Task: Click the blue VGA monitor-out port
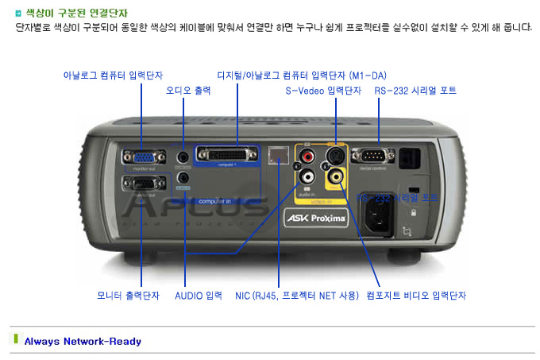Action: [x=138, y=157]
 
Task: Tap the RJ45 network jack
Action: [x=278, y=155]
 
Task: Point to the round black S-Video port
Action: [x=337, y=153]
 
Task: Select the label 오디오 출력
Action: [x=188, y=91]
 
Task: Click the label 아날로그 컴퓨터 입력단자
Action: [x=114, y=75]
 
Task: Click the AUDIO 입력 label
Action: [x=199, y=296]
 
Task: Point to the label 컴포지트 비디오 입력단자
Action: [x=416, y=296]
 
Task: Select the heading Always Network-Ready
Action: [x=83, y=342]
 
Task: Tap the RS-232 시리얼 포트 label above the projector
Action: [x=415, y=91]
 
